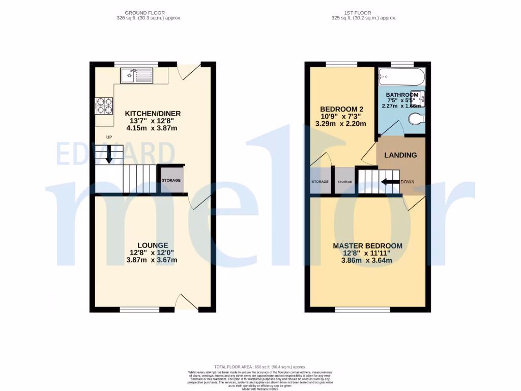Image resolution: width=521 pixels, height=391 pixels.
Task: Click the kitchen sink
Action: [136, 76]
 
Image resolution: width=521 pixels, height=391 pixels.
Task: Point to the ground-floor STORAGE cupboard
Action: [171, 181]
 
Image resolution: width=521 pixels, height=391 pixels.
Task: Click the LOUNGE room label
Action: [152, 245]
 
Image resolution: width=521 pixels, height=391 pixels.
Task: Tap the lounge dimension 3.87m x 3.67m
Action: [152, 260]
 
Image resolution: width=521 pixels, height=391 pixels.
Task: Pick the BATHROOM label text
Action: [402, 95]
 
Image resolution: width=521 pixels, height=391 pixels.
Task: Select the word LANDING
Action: [400, 155]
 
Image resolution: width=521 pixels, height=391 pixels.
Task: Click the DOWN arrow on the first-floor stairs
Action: [390, 182]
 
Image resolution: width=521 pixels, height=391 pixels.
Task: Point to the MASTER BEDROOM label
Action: [367, 246]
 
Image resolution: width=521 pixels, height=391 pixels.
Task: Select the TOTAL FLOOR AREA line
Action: [260, 366]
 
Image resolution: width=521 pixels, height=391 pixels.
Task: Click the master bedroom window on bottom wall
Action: [362, 309]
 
